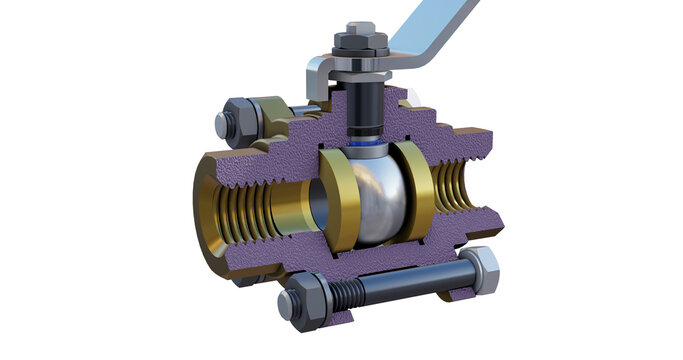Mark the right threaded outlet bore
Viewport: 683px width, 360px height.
(x=455, y=190)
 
